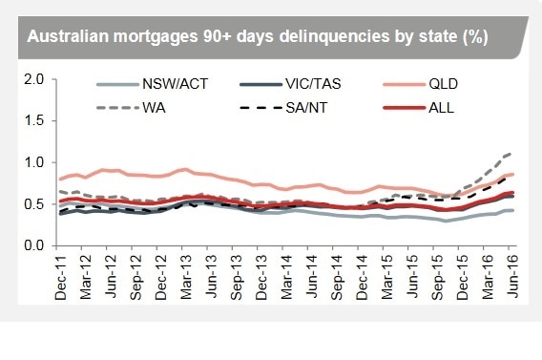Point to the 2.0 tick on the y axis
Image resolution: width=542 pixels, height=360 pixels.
coord(33,79)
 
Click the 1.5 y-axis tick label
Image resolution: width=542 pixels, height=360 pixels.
coord(33,121)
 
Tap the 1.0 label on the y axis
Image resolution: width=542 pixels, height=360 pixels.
coord(33,163)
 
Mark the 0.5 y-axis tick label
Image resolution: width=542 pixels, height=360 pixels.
coord(33,204)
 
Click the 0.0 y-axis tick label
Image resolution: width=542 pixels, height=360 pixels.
coord(33,246)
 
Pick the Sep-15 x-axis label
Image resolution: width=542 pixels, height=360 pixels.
coord(435,276)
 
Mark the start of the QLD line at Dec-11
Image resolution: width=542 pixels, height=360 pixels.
coord(61,179)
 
